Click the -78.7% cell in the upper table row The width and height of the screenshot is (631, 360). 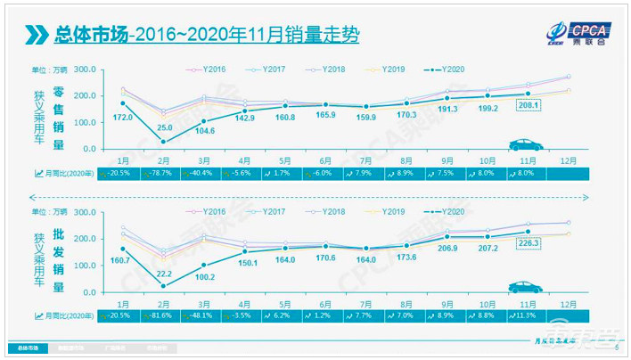coord(161,174)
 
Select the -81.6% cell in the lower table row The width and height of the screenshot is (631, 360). coord(161,315)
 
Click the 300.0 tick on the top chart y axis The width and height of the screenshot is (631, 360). coord(86,70)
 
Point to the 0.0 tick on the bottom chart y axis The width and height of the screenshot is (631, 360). coord(90,292)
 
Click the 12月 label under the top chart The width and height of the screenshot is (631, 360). coord(570,159)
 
